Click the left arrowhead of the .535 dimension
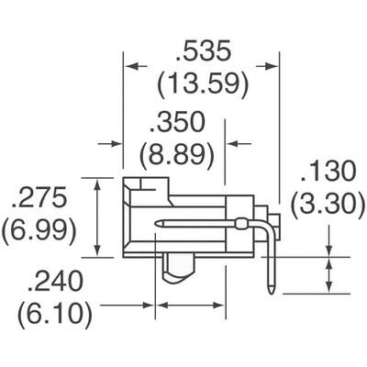(130, 65)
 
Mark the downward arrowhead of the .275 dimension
(97, 251)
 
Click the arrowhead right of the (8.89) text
(233, 143)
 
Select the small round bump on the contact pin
(241, 224)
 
